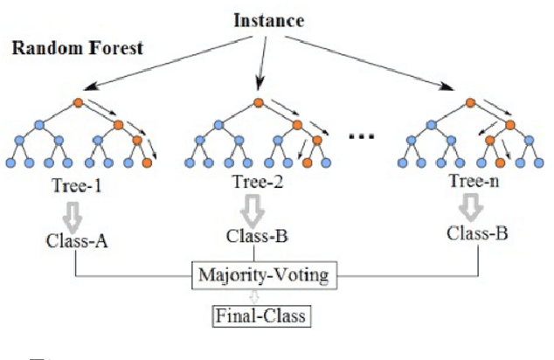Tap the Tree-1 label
pos(77,184)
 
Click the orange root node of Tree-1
pos(79,104)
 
